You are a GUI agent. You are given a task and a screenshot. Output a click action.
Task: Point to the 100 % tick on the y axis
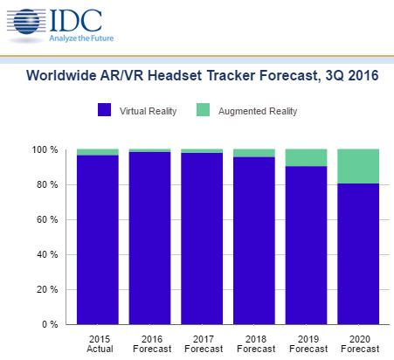click(45, 150)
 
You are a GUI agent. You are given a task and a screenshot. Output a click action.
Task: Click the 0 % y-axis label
click(50, 325)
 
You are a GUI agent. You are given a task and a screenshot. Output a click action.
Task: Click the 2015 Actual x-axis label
click(97, 342)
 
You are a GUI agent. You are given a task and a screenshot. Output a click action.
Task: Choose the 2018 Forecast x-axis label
click(254, 342)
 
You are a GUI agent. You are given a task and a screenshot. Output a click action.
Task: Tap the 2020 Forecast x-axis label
click(359, 342)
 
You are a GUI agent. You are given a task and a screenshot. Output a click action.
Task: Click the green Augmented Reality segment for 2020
click(359, 166)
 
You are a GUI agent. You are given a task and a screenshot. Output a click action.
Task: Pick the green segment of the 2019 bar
click(307, 157)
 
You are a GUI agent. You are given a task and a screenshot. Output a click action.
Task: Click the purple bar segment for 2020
click(359, 253)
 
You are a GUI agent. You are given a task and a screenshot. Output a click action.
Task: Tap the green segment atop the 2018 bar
click(254, 153)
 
